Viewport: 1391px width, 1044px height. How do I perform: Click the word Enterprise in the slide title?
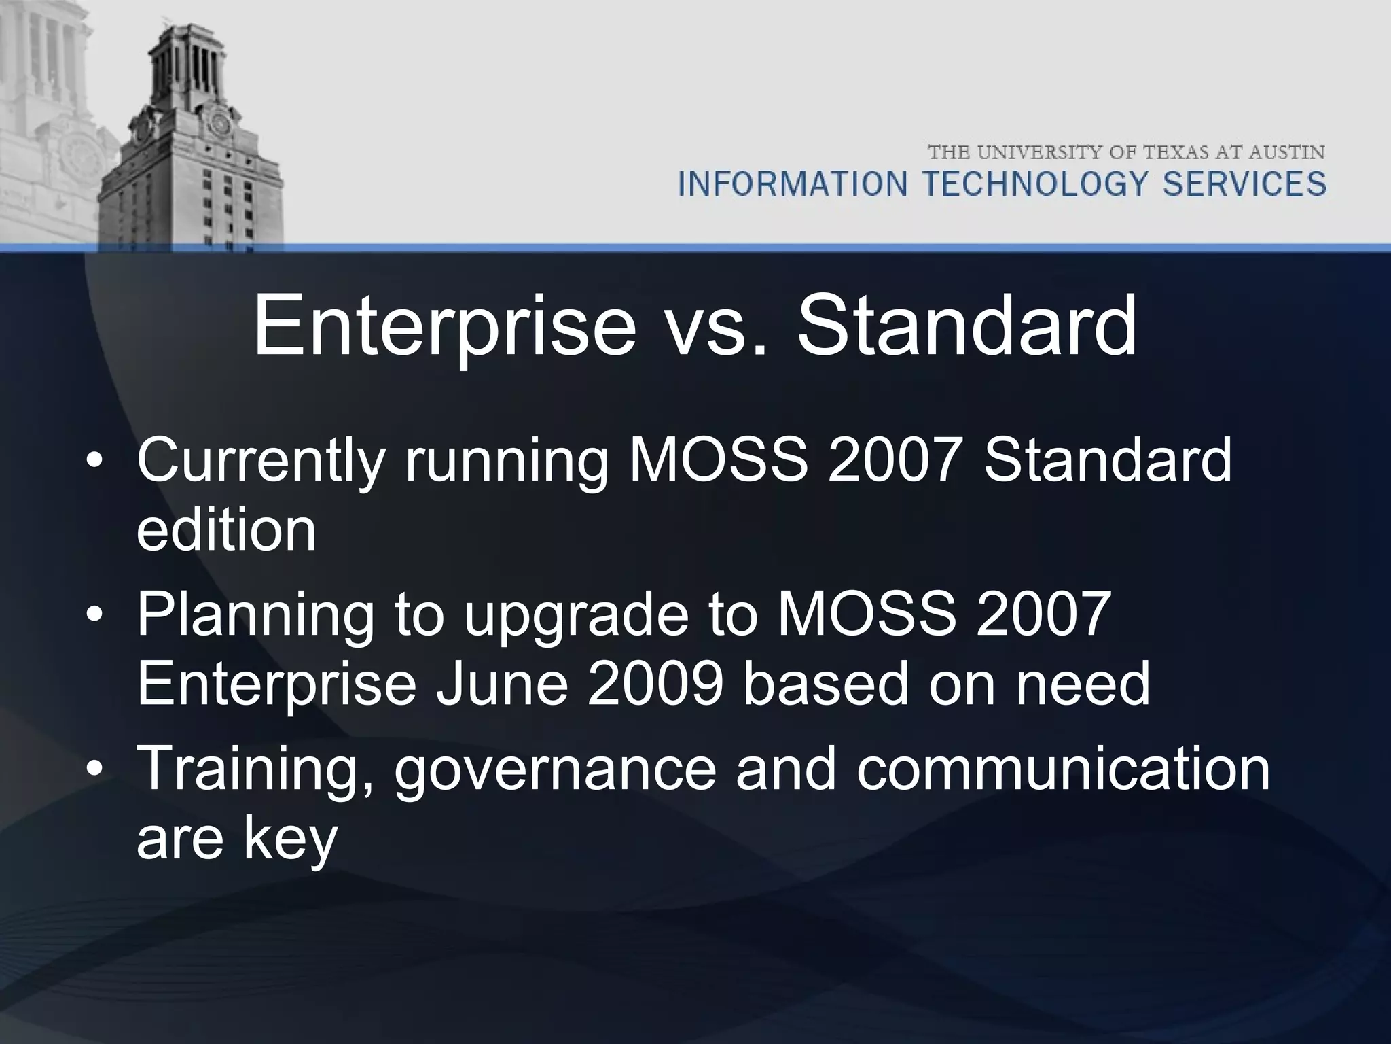(x=445, y=328)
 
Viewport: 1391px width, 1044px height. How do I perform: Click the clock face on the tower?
(x=220, y=124)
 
